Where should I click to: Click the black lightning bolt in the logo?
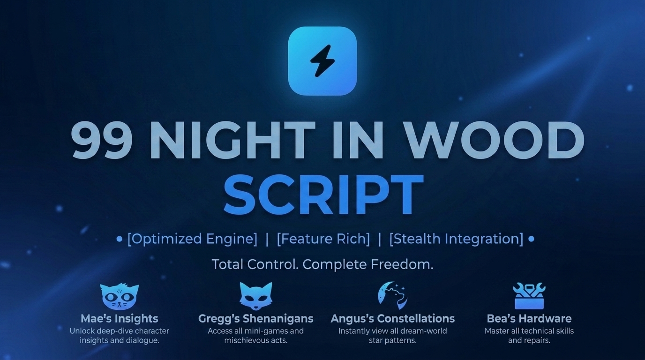tap(322, 61)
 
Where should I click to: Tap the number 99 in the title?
tap(102, 140)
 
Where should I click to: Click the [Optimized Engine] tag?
tap(192, 239)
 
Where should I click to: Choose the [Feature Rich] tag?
tap(323, 239)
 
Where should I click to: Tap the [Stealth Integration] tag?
tap(456, 239)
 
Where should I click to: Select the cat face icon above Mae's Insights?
tap(119, 296)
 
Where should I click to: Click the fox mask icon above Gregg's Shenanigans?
tap(255, 296)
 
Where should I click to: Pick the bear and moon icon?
tap(392, 295)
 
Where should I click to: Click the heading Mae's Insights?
tap(119, 319)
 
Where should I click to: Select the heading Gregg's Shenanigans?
tap(255, 319)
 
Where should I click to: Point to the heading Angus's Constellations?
tap(393, 319)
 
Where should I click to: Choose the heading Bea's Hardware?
tap(529, 319)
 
